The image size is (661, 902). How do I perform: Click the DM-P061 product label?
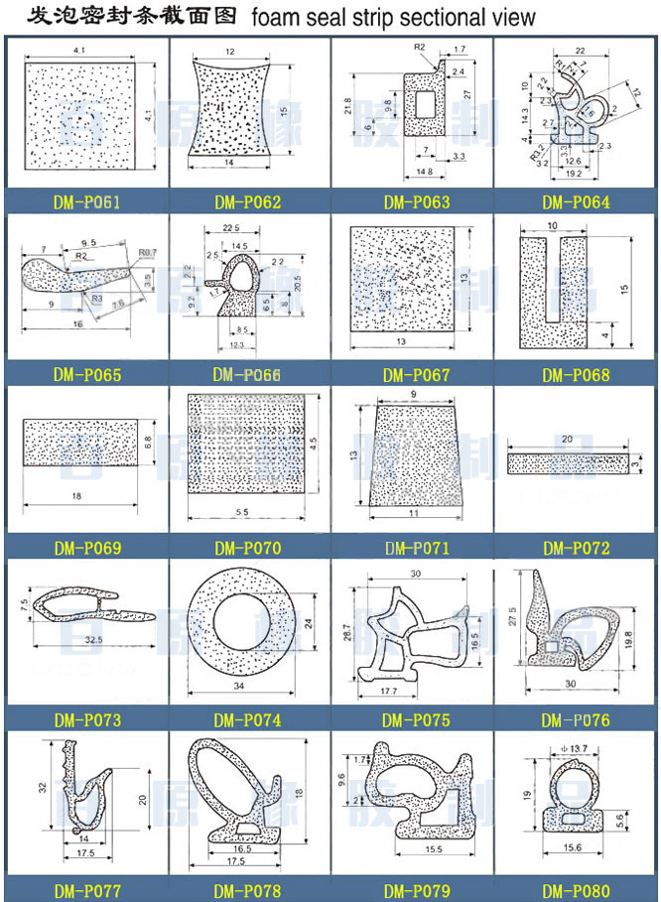[86, 203]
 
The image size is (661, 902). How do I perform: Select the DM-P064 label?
[576, 203]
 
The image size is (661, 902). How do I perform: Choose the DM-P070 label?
[247, 548]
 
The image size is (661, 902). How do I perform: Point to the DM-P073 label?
[86, 720]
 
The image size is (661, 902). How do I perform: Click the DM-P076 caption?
[576, 720]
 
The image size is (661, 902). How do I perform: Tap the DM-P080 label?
[576, 891]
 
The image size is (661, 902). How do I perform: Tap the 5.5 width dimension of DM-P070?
[244, 511]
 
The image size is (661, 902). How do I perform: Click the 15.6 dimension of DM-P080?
[576, 845]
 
